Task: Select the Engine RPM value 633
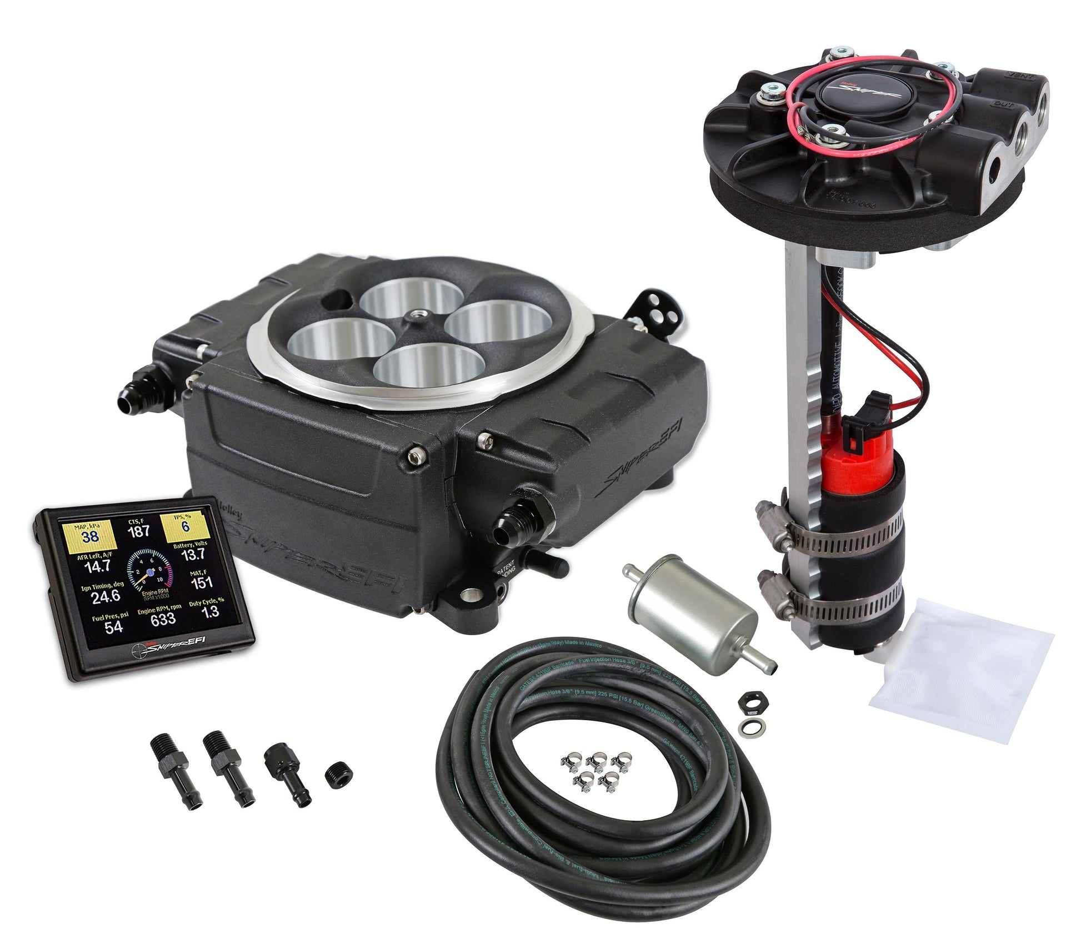pos(163,619)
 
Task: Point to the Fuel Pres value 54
pos(113,627)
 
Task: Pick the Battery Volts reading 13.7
pos(193,554)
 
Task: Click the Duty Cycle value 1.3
pos(209,611)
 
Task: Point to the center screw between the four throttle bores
pos(415,315)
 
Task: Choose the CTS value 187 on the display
pos(139,530)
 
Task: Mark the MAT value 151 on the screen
pos(202,583)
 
